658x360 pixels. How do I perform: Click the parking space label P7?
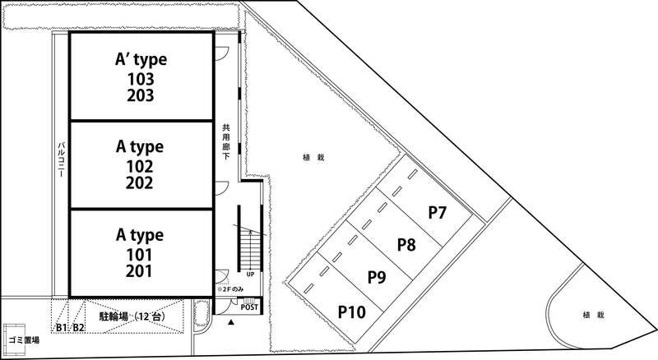coord(437,213)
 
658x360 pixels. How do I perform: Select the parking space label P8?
coord(406,245)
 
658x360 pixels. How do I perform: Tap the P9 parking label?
coord(377,277)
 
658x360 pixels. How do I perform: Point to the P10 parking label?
coord(352,312)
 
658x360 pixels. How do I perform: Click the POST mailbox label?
coord(249,307)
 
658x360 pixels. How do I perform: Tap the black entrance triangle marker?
coord(230,322)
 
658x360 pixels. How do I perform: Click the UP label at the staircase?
coord(250,275)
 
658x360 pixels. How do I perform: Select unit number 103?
coord(141,79)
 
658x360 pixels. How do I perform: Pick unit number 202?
coord(140,183)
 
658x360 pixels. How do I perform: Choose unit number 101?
coord(139,255)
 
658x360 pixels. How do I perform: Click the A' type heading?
coord(141,60)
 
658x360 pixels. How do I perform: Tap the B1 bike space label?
coord(61,328)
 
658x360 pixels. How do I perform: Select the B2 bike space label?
coord(78,328)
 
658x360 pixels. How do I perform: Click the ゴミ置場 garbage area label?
coord(24,340)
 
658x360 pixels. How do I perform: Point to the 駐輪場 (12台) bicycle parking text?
coord(132,316)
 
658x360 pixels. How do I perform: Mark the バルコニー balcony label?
coord(61,159)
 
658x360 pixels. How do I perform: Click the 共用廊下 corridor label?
coord(226,141)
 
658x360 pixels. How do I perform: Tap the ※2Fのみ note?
coord(230,289)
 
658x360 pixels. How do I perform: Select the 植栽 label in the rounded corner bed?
coord(593,315)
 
